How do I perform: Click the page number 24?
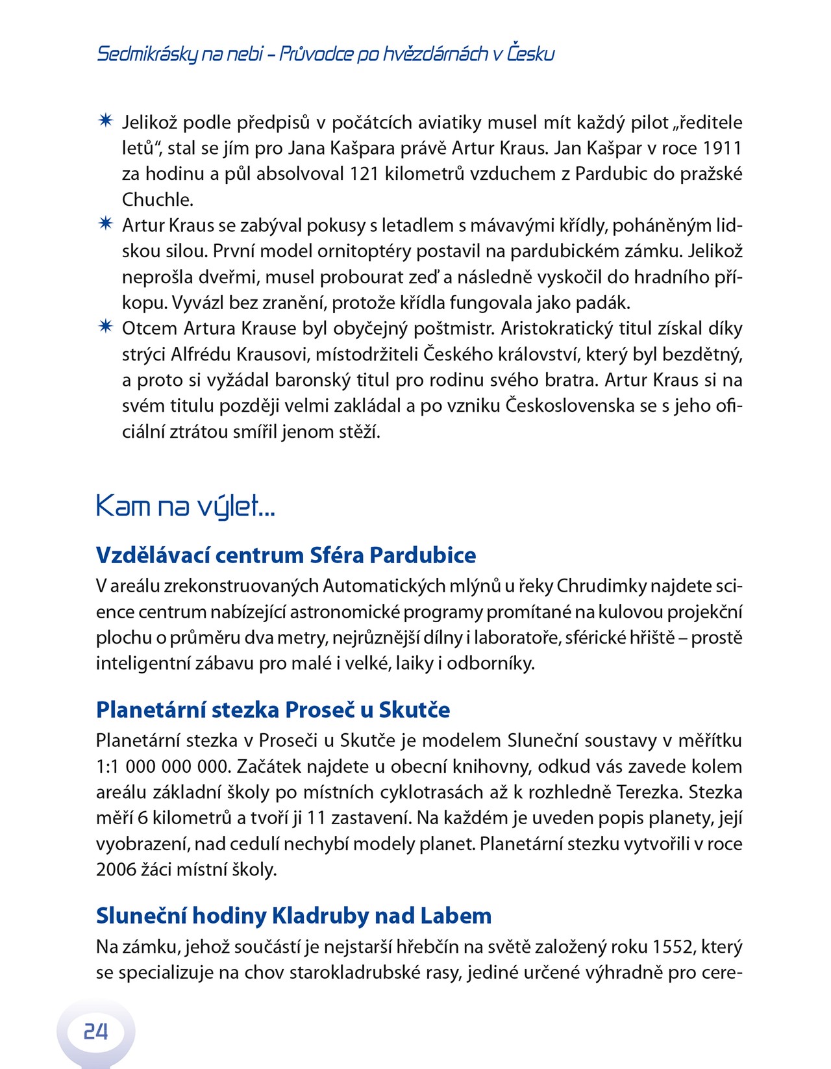(95, 1031)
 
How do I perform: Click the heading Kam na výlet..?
(186, 506)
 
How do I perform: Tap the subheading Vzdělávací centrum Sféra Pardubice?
(286, 555)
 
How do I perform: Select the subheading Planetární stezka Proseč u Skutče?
(273, 710)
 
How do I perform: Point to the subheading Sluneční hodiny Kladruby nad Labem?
(293, 916)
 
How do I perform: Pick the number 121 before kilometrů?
(364, 174)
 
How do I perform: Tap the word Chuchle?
(158, 200)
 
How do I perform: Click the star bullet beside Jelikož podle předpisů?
(105, 121)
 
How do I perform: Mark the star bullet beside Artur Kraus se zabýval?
(105, 224)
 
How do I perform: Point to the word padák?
(606, 303)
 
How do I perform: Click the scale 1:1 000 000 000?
(163, 766)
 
